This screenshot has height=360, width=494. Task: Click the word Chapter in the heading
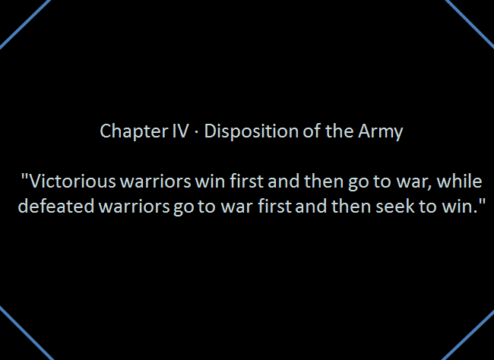133,131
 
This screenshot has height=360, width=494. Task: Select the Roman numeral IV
181,131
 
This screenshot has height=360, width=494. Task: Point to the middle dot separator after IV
197,131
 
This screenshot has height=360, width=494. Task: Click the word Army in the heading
381,131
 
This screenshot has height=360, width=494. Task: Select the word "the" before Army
339,131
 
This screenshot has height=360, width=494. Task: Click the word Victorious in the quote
72,181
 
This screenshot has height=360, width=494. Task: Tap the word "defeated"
56,207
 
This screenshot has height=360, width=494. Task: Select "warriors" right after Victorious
156,182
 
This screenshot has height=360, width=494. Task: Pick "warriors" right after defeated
134,207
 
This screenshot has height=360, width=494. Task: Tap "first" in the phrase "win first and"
246,181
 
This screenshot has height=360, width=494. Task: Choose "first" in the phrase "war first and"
274,207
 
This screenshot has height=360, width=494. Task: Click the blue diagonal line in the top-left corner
25,24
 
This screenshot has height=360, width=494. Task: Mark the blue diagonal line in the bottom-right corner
467,334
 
